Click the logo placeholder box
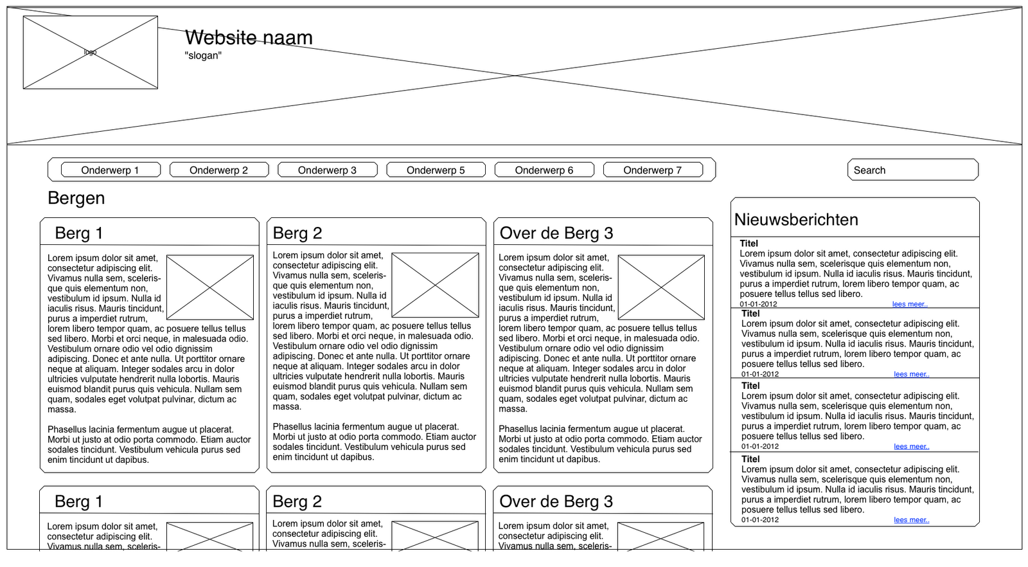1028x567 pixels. point(90,52)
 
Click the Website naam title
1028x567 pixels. point(249,37)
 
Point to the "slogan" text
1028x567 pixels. point(203,55)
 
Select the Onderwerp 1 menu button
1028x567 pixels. point(110,170)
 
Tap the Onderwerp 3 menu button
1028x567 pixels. point(327,170)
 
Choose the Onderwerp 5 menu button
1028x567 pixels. point(436,170)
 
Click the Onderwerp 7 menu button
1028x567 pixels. point(652,170)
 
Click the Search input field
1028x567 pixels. point(912,170)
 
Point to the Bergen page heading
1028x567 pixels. point(76,198)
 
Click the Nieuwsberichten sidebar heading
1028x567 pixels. point(796,220)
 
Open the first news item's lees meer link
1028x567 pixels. point(910,304)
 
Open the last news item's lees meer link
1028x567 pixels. point(911,520)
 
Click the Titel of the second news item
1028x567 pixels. point(750,314)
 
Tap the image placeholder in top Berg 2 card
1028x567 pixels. point(435,285)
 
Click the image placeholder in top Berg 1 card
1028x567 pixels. point(209,287)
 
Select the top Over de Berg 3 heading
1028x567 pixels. point(556,233)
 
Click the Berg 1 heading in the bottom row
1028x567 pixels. point(78,501)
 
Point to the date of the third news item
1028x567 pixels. point(760,446)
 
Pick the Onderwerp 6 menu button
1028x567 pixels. point(544,170)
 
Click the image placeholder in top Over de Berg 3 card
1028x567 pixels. point(661,287)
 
